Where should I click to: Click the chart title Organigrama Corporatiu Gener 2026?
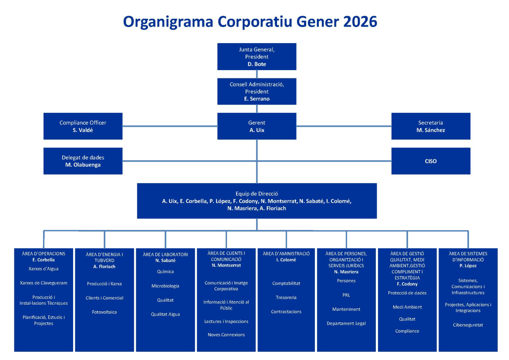click(x=250, y=21)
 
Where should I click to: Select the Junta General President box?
click(x=257, y=57)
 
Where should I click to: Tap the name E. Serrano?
click(x=257, y=99)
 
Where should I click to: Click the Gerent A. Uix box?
click(x=257, y=126)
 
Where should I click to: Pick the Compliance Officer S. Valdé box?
click(x=83, y=126)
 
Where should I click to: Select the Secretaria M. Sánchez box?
click(x=431, y=126)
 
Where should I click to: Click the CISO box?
click(x=431, y=161)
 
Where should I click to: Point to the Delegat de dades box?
click(x=83, y=161)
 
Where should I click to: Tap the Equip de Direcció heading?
click(x=257, y=194)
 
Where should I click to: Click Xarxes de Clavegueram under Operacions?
click(x=44, y=283)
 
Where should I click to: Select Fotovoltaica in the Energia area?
click(x=104, y=312)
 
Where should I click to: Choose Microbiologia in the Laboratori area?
click(x=165, y=286)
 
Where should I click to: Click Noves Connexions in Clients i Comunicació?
click(x=226, y=335)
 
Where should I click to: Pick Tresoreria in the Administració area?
click(x=286, y=297)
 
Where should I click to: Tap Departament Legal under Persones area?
click(x=346, y=323)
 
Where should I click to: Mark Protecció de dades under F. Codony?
click(x=407, y=293)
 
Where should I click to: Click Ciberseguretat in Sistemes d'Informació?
click(x=468, y=325)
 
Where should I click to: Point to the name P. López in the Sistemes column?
click(x=468, y=266)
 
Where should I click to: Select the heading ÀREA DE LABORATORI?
click(x=165, y=255)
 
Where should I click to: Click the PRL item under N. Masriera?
click(x=346, y=295)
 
